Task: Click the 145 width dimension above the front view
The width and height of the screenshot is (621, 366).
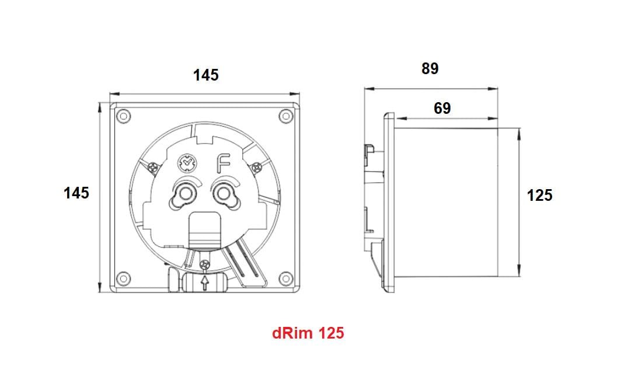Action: [206, 75]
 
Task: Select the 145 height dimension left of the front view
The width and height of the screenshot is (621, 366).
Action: [76, 193]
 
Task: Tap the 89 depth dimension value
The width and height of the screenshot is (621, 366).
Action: [430, 68]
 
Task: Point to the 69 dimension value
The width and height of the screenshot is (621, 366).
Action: [442, 108]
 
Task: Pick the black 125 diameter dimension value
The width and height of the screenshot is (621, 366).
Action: [539, 196]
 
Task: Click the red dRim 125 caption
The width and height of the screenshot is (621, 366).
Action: [308, 333]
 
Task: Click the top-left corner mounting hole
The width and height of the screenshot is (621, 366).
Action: [123, 116]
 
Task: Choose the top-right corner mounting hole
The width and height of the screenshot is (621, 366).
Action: [285, 116]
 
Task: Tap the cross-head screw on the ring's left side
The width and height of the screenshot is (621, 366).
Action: [153, 167]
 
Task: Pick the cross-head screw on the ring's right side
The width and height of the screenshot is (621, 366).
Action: [256, 168]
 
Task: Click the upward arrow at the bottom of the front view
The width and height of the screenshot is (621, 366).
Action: [204, 283]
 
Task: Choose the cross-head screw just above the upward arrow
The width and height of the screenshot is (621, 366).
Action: [204, 266]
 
